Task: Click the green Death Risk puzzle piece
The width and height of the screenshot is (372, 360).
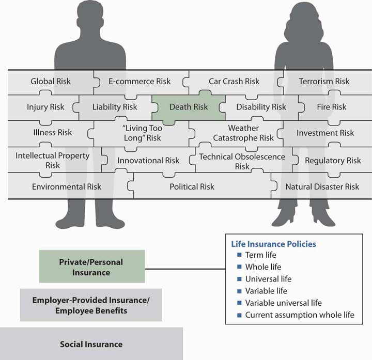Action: [x=189, y=107]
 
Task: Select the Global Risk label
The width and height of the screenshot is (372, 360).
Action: [x=51, y=81]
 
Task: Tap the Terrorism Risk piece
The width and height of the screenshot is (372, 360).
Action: [x=324, y=81]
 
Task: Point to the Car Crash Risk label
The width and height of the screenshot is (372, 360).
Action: [x=234, y=81]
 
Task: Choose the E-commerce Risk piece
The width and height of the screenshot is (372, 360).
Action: [x=139, y=81]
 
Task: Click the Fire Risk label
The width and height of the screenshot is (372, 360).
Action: [x=332, y=107]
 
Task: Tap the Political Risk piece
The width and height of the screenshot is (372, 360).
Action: [x=192, y=186]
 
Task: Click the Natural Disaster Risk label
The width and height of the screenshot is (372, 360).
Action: [x=322, y=186]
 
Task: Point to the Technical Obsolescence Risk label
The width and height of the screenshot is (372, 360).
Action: [x=242, y=161]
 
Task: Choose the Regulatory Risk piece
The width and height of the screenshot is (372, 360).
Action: [x=333, y=161]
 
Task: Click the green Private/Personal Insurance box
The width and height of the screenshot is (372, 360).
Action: [x=92, y=267]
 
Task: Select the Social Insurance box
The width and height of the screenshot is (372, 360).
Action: [x=91, y=344]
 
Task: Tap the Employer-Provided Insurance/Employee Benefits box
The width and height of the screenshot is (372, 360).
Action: [x=90, y=306]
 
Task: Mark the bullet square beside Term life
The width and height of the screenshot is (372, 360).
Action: [x=239, y=255]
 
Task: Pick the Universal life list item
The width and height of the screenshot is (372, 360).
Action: [x=268, y=279]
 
